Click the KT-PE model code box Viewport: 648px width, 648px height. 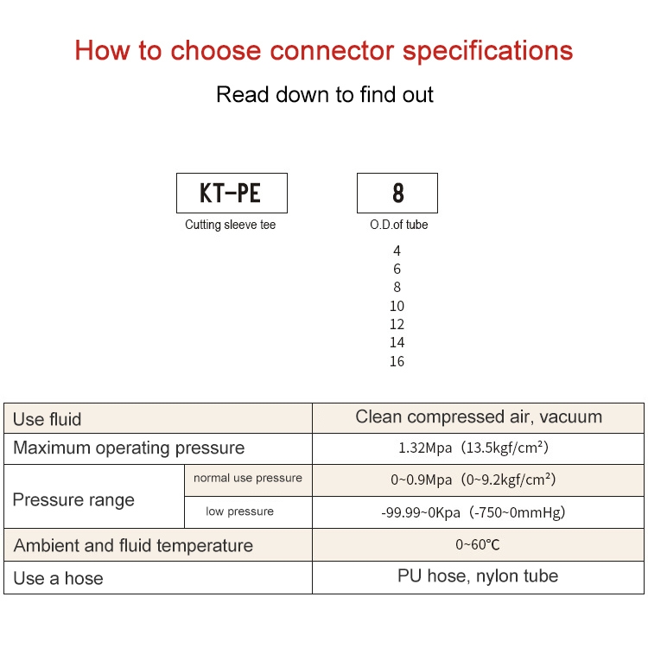coord(231,193)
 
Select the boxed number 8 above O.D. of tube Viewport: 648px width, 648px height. coord(397,193)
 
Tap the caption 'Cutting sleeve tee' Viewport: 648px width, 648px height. coord(231,225)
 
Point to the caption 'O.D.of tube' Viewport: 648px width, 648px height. coord(398,225)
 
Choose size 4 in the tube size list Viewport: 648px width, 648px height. coord(397,251)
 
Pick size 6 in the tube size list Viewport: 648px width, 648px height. coord(397,269)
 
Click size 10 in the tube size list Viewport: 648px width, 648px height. coord(397,306)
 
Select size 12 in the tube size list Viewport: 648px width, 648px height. coord(397,324)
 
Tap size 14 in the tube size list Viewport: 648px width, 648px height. coord(397,343)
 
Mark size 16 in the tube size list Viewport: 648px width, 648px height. coord(397,361)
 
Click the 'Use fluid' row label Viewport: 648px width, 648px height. coord(48,419)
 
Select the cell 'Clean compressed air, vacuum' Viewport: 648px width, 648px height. coord(479,416)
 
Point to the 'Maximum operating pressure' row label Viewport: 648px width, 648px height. coord(129,448)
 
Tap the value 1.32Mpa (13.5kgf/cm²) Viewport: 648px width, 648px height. coord(473,448)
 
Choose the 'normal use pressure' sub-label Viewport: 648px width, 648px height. coord(248,478)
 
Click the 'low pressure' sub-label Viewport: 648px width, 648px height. coord(239,511)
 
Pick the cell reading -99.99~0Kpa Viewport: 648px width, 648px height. coord(473,512)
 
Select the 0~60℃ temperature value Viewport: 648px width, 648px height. coord(478,545)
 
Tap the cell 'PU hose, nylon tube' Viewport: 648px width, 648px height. coord(478,575)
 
